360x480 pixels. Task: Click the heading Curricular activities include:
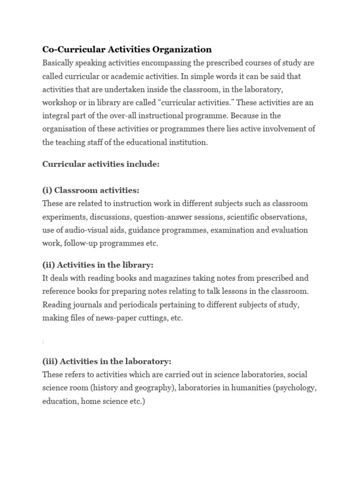click(101, 164)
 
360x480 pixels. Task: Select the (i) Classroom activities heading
click(90, 190)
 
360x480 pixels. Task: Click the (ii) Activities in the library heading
click(97, 265)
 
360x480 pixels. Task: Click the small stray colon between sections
click(43, 342)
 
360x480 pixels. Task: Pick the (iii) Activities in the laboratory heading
click(107, 361)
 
